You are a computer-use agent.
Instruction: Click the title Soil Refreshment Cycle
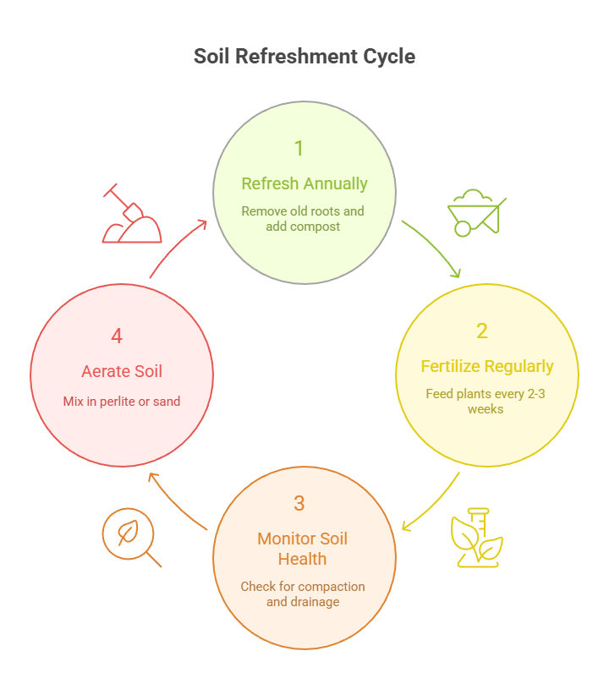[x=304, y=57]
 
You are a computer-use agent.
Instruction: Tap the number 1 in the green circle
[x=299, y=149]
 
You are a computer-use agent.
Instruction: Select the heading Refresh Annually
[x=304, y=183]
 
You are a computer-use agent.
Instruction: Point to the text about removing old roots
[x=303, y=218]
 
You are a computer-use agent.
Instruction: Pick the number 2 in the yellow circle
[x=482, y=331]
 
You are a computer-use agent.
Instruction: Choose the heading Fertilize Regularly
[x=487, y=366]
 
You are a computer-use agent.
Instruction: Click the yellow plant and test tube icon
[x=476, y=538]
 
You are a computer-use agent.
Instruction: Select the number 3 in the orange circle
[x=299, y=503]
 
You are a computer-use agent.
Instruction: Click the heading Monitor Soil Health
[x=303, y=549]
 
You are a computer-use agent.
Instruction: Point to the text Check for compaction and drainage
[x=303, y=593]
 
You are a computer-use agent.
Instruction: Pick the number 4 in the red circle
[x=117, y=336]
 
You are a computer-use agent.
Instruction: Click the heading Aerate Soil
[x=122, y=371]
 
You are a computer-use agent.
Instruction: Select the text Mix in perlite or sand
[x=122, y=402]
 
